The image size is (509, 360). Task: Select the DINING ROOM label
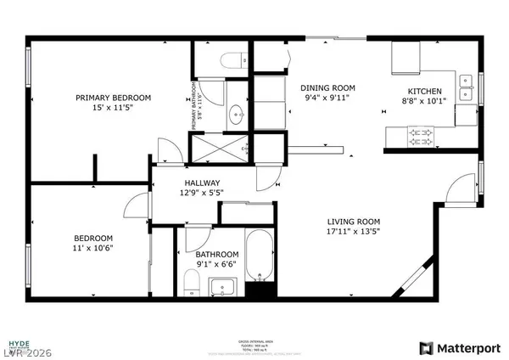coord(327,87)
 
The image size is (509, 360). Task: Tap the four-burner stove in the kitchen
coord(422,133)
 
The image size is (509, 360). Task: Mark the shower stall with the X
coord(219,150)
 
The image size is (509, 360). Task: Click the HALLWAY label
coord(203,183)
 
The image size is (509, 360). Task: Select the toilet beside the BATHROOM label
coord(189,279)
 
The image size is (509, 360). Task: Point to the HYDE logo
coord(19,346)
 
